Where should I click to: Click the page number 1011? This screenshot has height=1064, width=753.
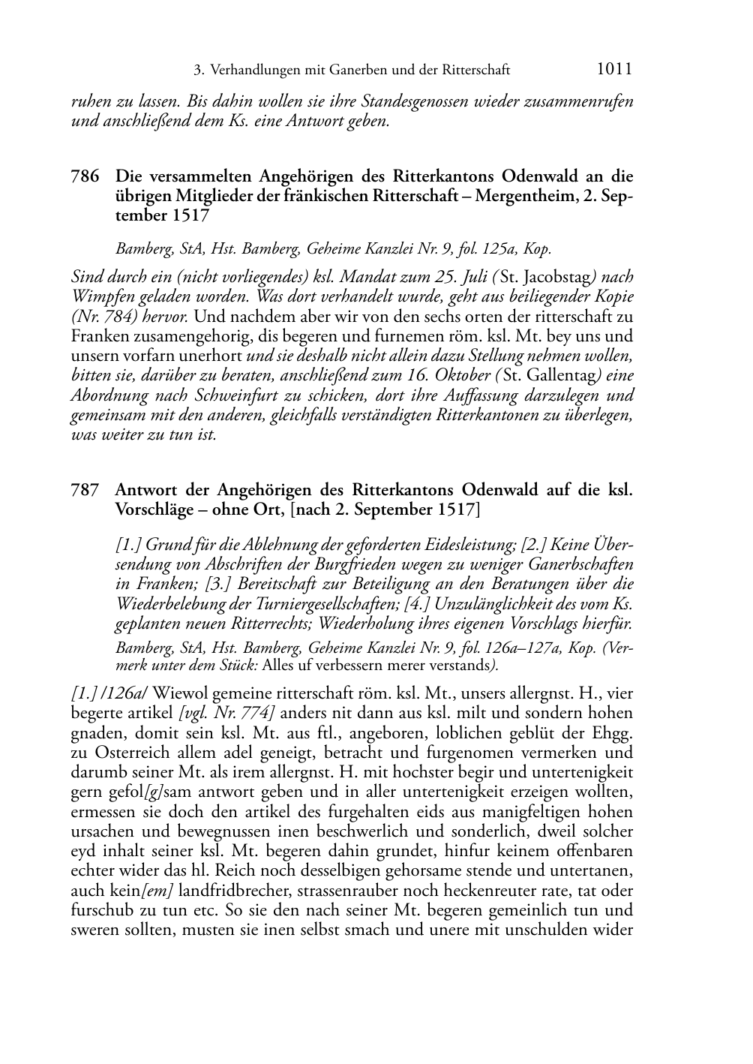pyautogui.click(x=614, y=70)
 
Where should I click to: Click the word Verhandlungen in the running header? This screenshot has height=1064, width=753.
pyautogui.click(x=254, y=71)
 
